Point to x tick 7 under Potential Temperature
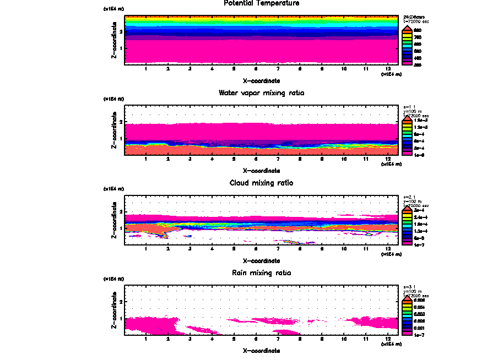(x=278, y=69)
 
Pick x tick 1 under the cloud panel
(x=146, y=249)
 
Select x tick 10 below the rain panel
(x=344, y=339)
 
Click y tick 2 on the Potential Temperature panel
(x=120, y=32)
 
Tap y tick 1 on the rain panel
(x=120, y=318)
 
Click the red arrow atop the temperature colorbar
(x=408, y=28)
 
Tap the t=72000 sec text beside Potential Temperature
(x=416, y=21)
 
